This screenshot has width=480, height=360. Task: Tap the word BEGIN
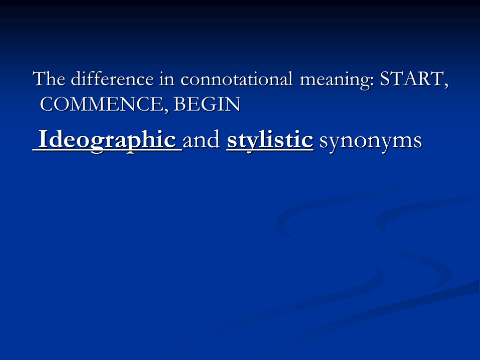tap(207, 105)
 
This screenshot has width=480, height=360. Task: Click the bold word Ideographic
tap(107, 140)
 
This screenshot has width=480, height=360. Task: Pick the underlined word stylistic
tap(270, 140)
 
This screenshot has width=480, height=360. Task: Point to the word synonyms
tap(370, 141)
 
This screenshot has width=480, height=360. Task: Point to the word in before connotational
tap(167, 79)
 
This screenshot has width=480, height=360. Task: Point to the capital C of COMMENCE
tap(47, 105)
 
